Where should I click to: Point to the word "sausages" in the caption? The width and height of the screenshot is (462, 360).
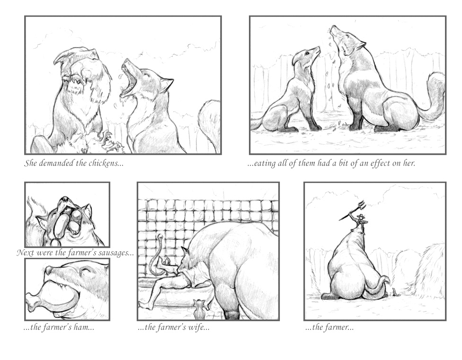tap(116, 253)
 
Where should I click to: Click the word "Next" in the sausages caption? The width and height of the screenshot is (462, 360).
tap(25, 253)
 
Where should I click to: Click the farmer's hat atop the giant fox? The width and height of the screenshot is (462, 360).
tap(360, 217)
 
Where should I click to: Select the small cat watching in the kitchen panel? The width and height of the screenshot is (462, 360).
tap(200, 309)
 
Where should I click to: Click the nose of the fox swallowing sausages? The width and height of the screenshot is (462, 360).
tap(64, 200)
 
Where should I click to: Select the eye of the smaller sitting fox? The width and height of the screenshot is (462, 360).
tap(307, 53)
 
